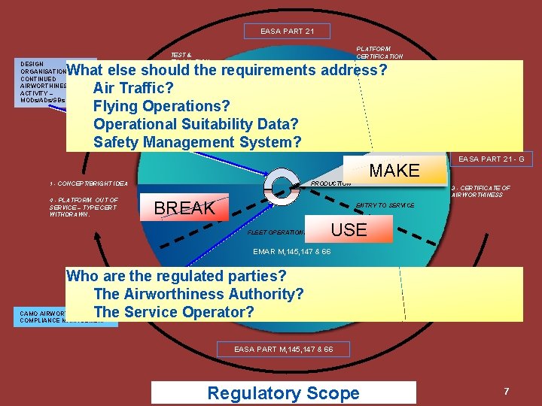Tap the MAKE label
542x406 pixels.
pyautogui.click(x=394, y=171)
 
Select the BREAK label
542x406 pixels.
pyautogui.click(x=184, y=208)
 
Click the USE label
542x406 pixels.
pyautogui.click(x=349, y=230)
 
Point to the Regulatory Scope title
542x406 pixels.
pyautogui.click(x=283, y=392)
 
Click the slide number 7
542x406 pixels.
pyautogui.click(x=507, y=391)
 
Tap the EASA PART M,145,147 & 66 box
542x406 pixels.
pyautogui.click(x=283, y=350)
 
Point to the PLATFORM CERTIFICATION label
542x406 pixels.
pyautogui.click(x=379, y=53)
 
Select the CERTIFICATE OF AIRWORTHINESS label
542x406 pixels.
pyautogui.click(x=481, y=191)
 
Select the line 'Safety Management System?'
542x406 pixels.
pyautogui.click(x=197, y=142)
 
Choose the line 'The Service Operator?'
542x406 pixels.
pyautogui.click(x=174, y=312)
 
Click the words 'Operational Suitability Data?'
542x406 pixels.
pyautogui.click(x=196, y=124)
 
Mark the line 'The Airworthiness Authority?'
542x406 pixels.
pyautogui.click(x=199, y=294)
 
